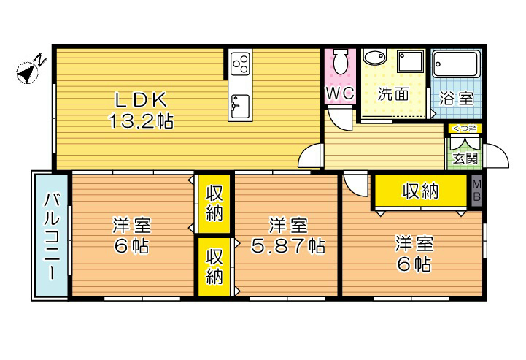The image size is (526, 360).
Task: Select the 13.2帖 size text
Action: (141, 122)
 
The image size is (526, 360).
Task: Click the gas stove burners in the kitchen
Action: (240, 65)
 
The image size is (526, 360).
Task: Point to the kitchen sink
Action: (239, 107)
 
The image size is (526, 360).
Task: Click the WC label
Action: (340, 93)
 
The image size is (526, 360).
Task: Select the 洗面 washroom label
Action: (392, 94)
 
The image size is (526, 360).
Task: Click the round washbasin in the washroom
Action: (374, 58)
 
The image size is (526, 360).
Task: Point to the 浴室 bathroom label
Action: (456, 98)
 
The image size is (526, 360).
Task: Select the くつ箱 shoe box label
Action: (464, 129)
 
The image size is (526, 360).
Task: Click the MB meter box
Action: (476, 191)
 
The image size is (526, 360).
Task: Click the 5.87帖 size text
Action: (287, 246)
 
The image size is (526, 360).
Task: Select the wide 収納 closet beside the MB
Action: (420, 191)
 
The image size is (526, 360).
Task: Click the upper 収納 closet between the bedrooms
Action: (214, 203)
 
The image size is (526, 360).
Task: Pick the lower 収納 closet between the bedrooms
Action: (214, 267)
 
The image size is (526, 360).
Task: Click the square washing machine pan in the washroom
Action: (411, 61)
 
